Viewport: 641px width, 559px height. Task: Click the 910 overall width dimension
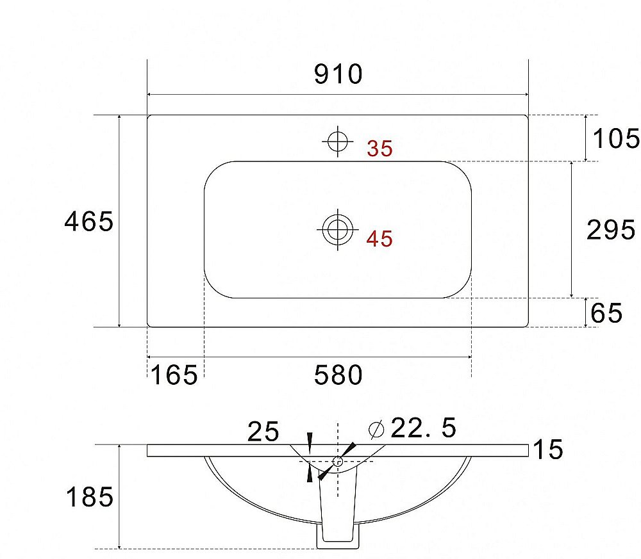(338, 74)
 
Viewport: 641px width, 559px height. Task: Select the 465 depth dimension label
(89, 222)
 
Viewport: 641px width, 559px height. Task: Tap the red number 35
(379, 149)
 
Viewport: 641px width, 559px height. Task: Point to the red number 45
(379, 239)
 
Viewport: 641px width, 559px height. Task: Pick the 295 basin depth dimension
(611, 229)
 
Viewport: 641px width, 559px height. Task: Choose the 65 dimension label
(606, 313)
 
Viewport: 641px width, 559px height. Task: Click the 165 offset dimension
(174, 375)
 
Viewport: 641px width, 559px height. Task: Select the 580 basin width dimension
(338, 375)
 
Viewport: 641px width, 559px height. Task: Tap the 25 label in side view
(263, 432)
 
